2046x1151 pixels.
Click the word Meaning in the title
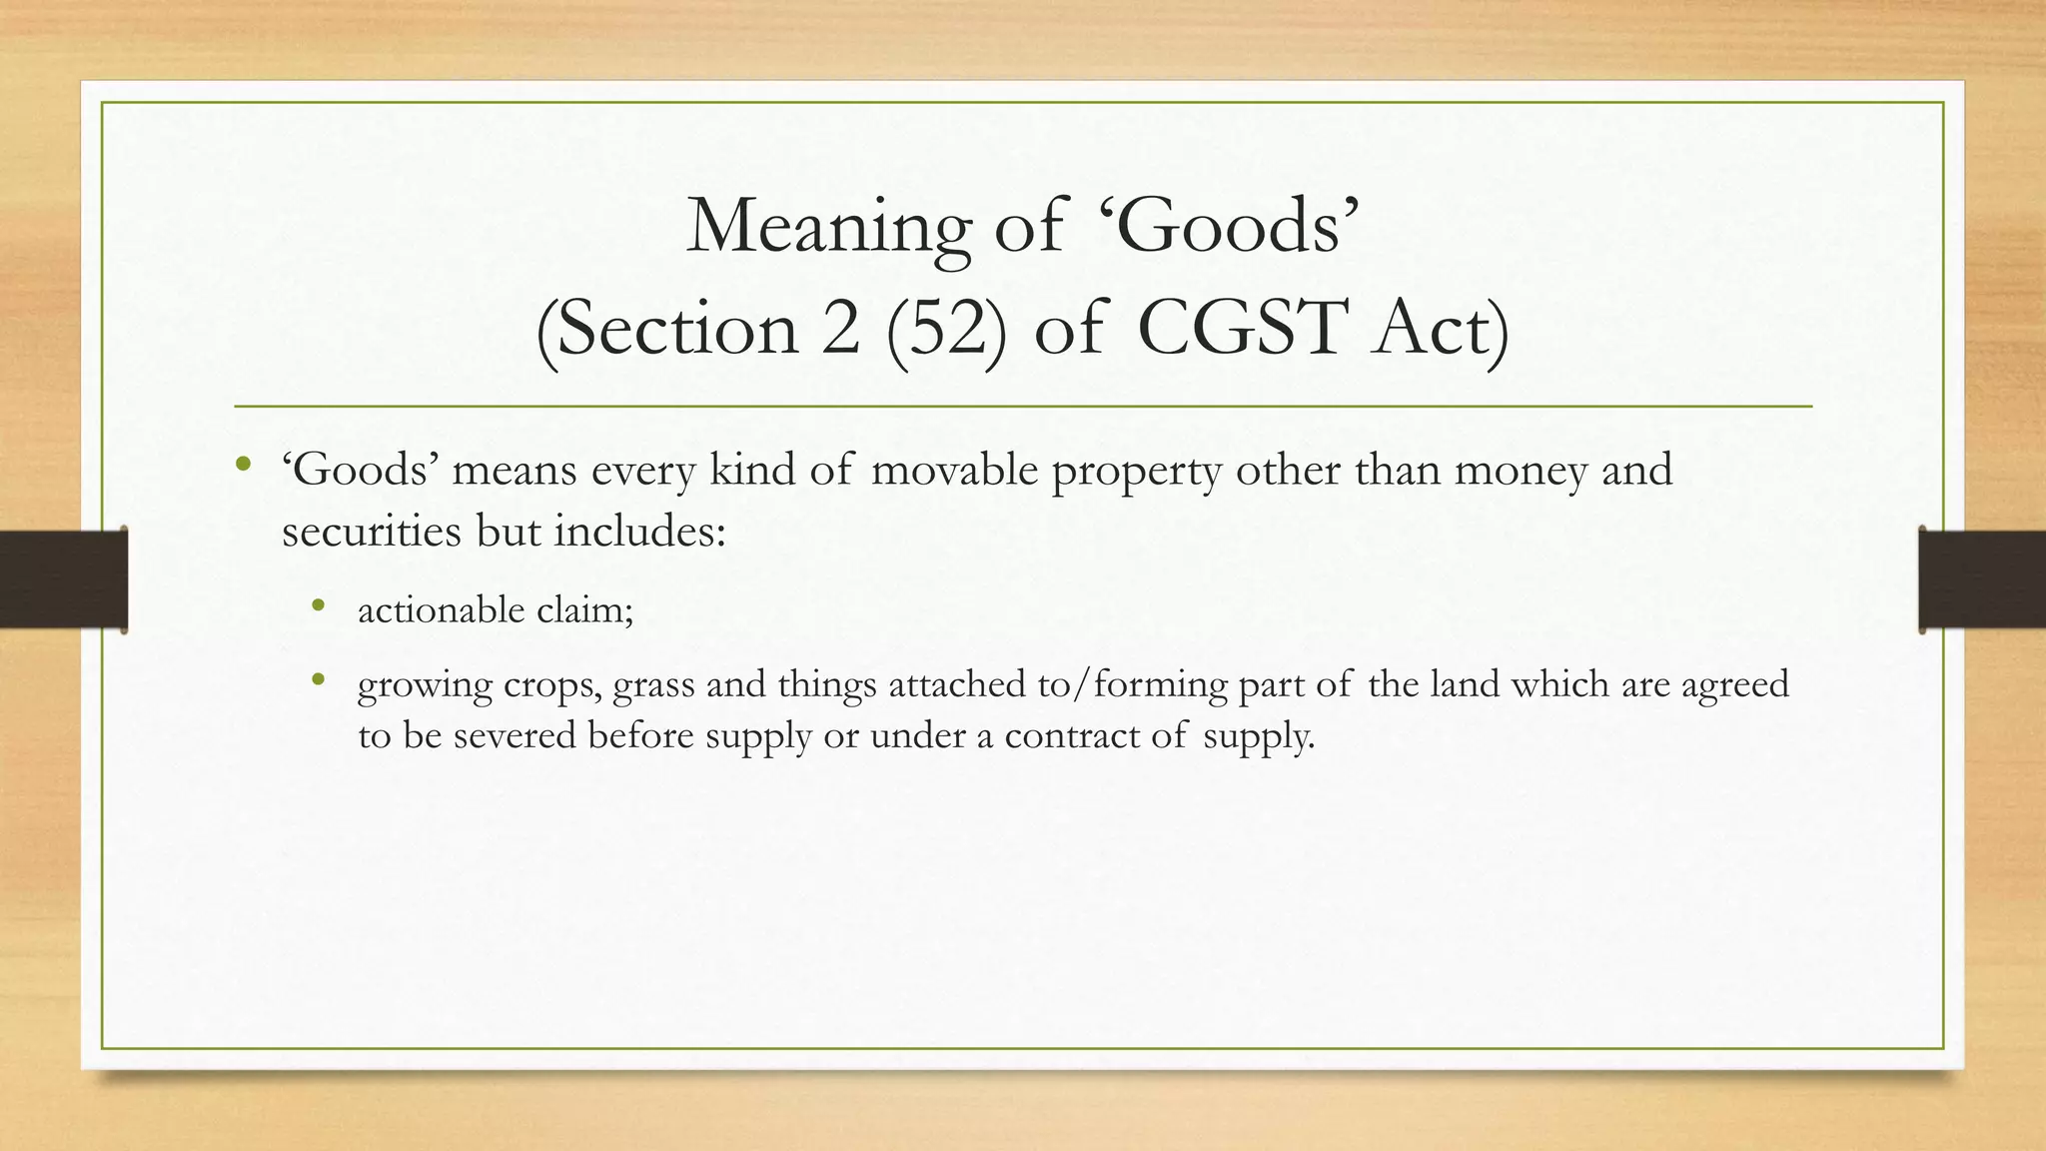828,227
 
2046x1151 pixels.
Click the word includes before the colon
634,532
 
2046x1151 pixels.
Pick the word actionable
441,609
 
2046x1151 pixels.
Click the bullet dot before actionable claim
319,604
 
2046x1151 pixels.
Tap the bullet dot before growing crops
319,680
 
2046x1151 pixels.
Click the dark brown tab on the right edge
1982,579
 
